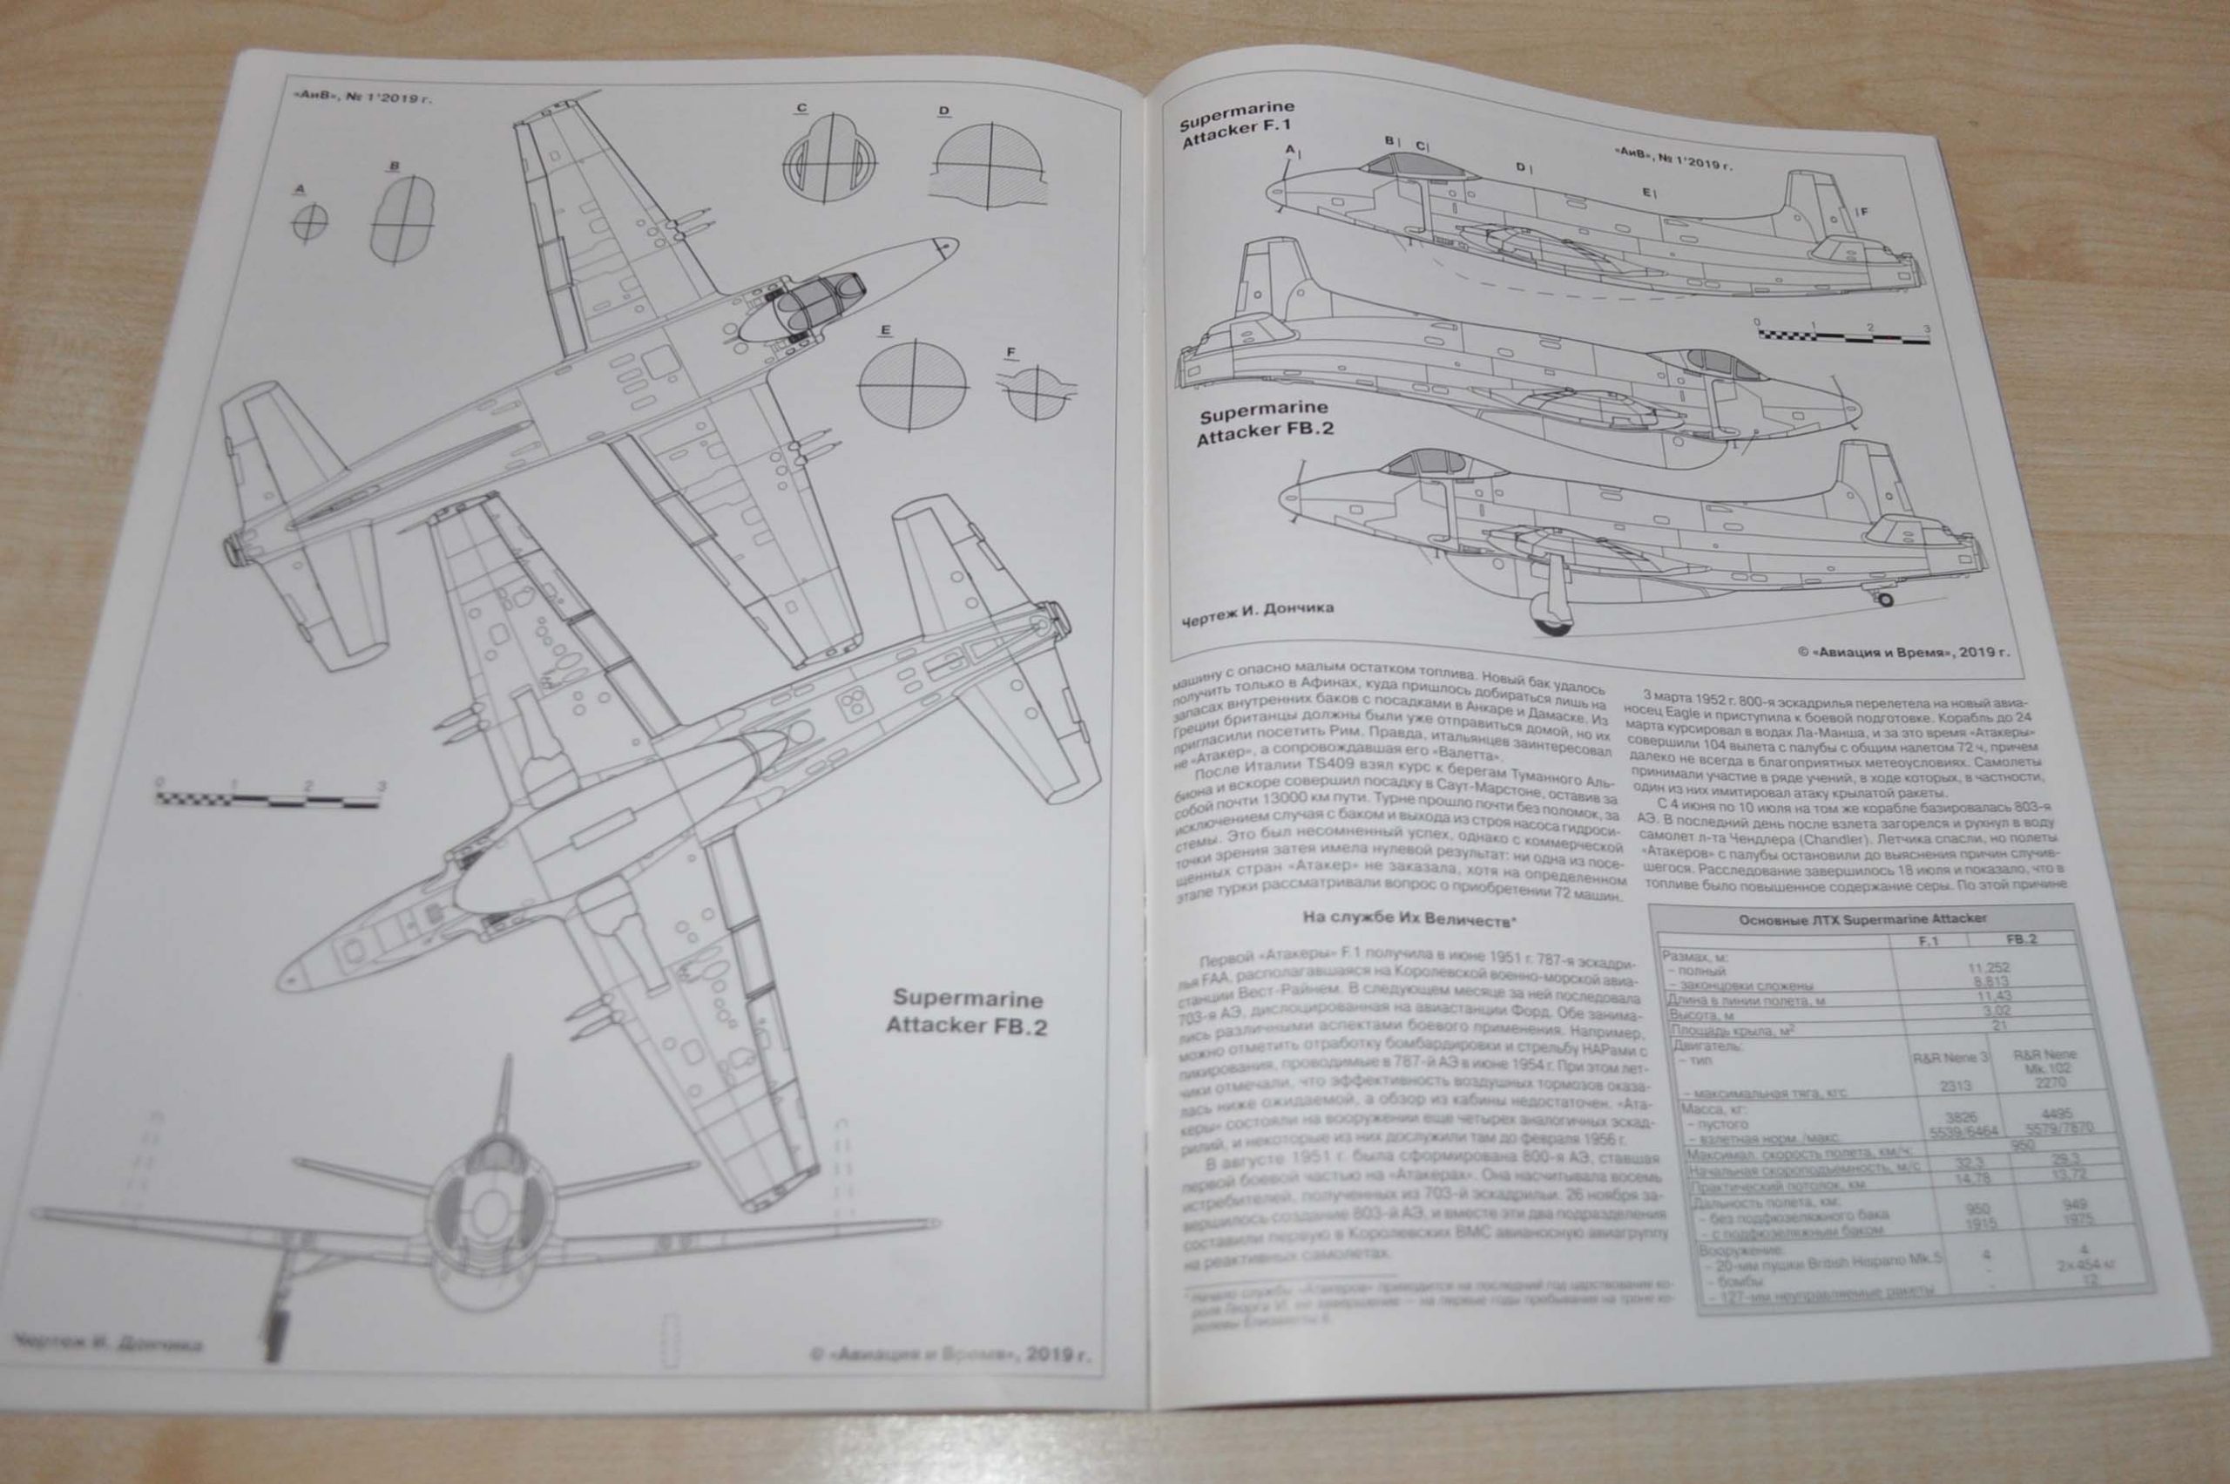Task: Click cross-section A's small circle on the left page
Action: (308, 223)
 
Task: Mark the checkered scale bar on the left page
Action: (270, 799)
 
